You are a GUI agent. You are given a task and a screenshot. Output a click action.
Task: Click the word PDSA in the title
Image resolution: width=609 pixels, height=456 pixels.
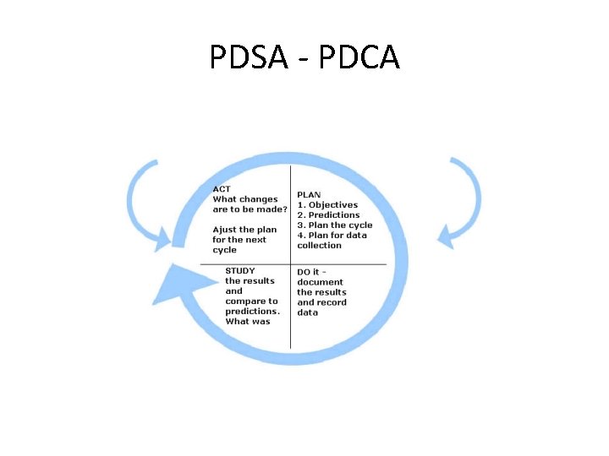250,58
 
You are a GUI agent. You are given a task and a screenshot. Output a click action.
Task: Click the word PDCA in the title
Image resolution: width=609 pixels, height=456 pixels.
357,58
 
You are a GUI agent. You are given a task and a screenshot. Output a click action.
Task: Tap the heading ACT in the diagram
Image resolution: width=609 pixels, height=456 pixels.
222,189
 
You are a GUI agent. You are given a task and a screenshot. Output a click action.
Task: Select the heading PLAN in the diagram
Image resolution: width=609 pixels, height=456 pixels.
309,194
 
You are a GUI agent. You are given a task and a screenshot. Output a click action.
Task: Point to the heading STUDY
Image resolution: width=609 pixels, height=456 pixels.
240,271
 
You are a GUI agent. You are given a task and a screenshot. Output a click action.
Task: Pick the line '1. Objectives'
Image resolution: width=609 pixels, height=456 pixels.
327,204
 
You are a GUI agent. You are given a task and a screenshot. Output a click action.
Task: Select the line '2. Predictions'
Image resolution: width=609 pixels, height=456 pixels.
328,214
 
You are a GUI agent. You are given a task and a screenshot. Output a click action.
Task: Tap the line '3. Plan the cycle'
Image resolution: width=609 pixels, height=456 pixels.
334,225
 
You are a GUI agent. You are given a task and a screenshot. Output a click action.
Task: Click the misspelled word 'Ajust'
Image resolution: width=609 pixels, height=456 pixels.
224,230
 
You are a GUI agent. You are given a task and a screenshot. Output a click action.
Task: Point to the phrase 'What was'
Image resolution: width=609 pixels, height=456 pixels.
247,322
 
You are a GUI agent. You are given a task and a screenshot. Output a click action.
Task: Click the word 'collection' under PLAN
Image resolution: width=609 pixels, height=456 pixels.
319,246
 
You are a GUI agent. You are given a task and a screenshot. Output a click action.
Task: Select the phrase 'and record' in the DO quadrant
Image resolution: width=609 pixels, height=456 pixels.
321,302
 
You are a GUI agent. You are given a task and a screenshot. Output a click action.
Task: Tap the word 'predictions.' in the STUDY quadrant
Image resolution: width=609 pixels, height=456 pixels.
252,312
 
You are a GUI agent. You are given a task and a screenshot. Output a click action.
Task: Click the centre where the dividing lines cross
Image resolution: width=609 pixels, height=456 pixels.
291,264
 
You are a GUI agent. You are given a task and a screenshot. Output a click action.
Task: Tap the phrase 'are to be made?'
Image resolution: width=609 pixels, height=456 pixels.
250,209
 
